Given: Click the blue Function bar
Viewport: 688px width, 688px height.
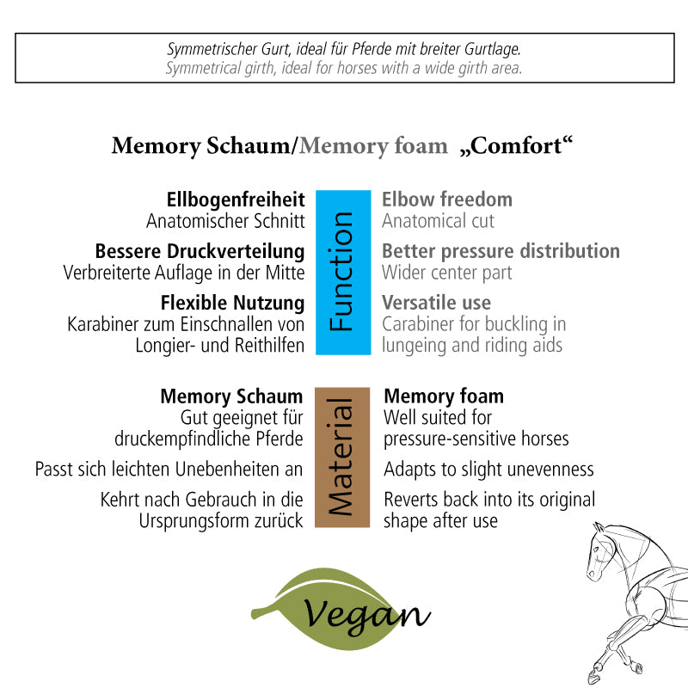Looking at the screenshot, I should tap(342, 272).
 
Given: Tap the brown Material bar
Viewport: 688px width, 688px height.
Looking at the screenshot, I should tap(342, 457).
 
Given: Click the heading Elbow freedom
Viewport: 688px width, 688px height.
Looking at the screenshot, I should tap(446, 200).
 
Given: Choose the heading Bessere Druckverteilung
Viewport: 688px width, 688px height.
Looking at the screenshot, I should tap(200, 251).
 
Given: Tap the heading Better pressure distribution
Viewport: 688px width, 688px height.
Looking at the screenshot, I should tap(501, 251).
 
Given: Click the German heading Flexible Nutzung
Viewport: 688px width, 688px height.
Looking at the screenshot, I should tap(232, 303).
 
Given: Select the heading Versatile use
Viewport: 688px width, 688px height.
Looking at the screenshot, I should tap(436, 303).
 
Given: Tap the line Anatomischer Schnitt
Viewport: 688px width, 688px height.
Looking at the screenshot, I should tap(225, 221).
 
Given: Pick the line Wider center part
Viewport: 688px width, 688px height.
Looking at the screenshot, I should tap(446, 273).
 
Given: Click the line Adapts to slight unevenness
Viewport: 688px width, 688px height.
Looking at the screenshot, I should tap(488, 470).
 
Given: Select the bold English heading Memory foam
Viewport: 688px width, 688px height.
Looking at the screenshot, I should tap(444, 396).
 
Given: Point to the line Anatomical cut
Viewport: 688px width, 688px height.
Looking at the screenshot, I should tap(438, 221).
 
